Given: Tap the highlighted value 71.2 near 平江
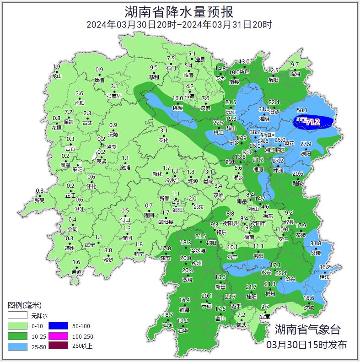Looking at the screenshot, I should (x=313, y=122).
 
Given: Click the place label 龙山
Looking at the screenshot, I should (x=56, y=76).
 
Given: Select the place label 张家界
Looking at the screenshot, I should (x=114, y=96).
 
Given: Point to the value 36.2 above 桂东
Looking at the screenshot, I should (x=324, y=267).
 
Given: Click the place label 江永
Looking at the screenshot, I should (x=168, y=324).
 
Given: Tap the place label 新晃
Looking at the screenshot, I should (x=40, y=200).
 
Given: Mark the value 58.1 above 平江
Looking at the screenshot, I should (x=302, y=110).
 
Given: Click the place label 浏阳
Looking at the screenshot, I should (x=306, y=153).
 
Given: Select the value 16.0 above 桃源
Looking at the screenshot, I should (x=177, y=98).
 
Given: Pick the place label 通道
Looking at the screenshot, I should (x=76, y=272).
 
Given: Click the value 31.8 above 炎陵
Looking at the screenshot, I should (x=316, y=243).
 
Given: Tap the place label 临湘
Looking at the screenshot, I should (x=295, y=74).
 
